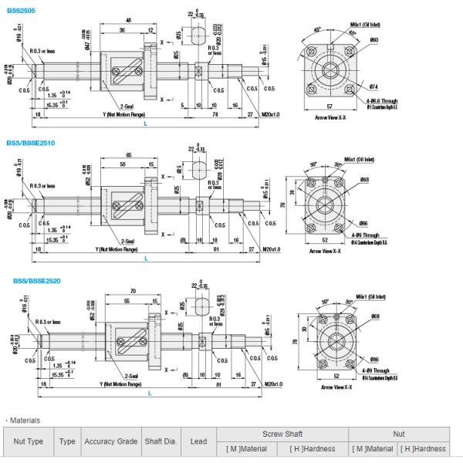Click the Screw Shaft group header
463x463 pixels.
click(282, 434)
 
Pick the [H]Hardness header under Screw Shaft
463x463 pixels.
click(313, 448)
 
